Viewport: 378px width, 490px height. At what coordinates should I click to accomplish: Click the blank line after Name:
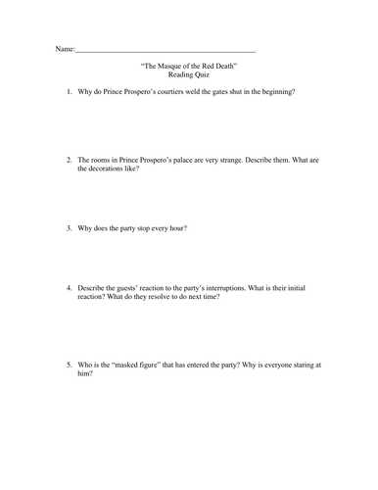(165, 49)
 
